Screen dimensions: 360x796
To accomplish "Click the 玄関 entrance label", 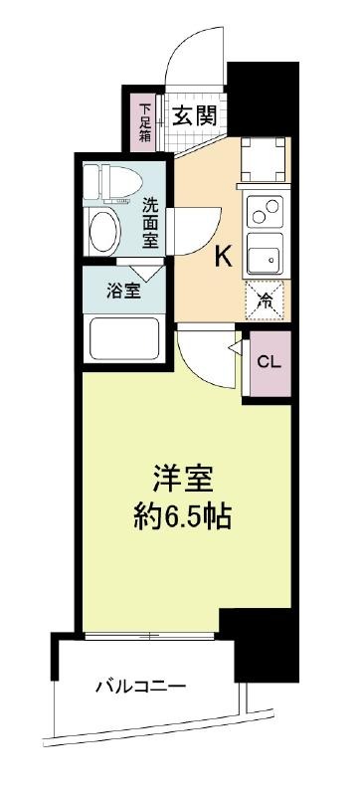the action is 194,116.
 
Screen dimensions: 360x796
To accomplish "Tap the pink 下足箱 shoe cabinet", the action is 145,122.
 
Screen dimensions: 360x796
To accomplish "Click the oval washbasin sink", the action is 105,232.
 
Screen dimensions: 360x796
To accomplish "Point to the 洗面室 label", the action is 150,222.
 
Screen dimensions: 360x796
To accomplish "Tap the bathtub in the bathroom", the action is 124,338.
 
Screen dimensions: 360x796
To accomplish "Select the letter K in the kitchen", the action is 224,258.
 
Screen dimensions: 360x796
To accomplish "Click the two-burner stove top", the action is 266,212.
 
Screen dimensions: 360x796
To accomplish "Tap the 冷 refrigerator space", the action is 266,300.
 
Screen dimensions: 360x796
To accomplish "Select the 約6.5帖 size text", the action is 183,517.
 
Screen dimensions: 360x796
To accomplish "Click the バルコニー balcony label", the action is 141,688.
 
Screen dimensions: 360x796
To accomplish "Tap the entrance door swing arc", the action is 189,45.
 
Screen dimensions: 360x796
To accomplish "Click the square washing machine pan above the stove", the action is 262,159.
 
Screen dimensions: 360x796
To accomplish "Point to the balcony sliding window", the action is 150,635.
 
